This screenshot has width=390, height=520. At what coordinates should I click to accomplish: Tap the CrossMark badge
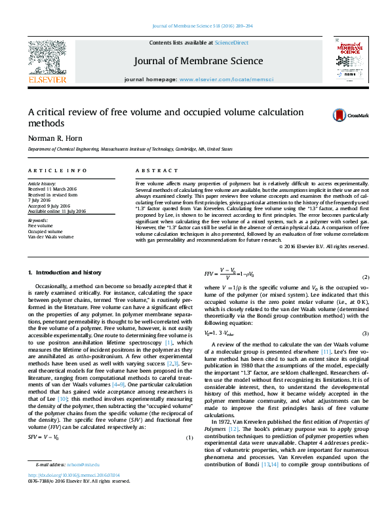point(341,115)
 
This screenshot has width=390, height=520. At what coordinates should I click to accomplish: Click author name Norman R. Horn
point(56,138)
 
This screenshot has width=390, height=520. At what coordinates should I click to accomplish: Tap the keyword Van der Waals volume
point(50,236)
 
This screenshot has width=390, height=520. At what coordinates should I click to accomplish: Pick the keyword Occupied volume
point(44,231)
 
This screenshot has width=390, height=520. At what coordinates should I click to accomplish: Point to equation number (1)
point(189,437)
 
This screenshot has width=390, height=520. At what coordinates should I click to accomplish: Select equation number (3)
point(366,334)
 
